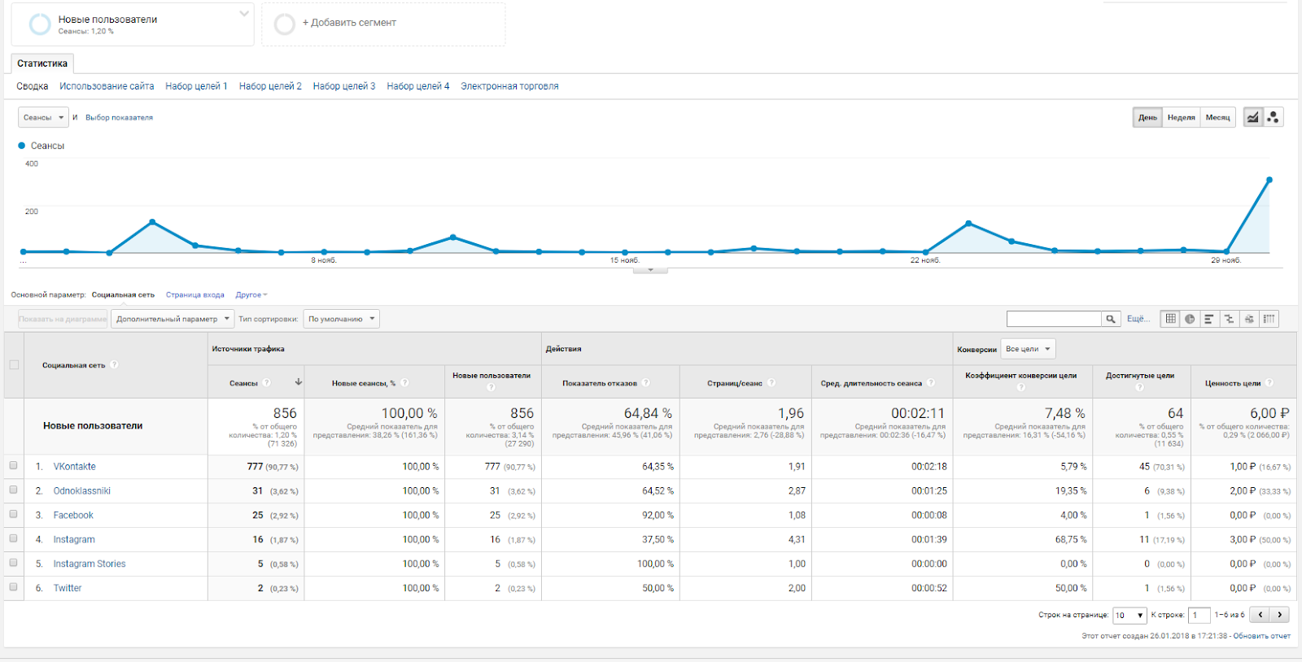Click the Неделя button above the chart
click(x=1181, y=118)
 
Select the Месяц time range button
click(x=1217, y=118)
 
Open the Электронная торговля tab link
click(x=509, y=86)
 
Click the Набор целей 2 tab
click(x=270, y=86)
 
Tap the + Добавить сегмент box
click(x=383, y=24)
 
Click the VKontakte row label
click(x=75, y=467)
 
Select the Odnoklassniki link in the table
click(x=82, y=491)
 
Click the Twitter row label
click(x=68, y=589)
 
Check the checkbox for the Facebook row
click(x=13, y=515)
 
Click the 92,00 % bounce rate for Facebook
click(x=658, y=516)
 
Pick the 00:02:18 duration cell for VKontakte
click(x=928, y=467)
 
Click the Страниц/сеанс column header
click(x=735, y=383)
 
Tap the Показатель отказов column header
click(x=600, y=383)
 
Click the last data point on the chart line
click(x=1269, y=180)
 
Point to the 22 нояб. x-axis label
click(x=925, y=260)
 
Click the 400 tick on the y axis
click(x=32, y=164)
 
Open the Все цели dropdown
click(x=1028, y=349)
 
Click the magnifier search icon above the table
click(x=1111, y=319)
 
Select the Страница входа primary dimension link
click(x=195, y=295)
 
